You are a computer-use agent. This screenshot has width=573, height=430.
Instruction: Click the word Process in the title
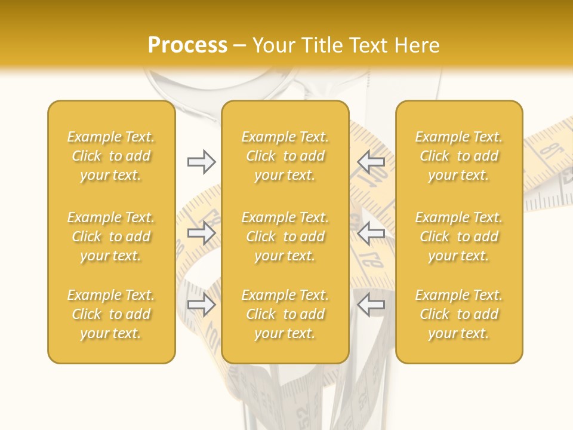(x=187, y=45)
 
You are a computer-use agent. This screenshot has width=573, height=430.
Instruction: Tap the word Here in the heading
(x=417, y=45)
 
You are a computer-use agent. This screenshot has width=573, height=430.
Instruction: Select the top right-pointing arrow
(x=201, y=162)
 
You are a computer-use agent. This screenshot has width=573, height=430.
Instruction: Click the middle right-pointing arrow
(x=201, y=233)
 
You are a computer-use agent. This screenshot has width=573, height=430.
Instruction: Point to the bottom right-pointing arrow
(x=201, y=305)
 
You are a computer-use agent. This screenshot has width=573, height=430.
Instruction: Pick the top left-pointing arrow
(x=371, y=162)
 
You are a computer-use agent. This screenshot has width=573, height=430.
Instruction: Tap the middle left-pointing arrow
(x=371, y=233)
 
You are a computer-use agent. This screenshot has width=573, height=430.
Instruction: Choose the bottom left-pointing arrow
(x=371, y=305)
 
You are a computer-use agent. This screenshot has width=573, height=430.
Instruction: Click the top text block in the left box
(x=111, y=156)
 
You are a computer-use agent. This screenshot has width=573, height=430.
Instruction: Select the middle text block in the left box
(x=111, y=236)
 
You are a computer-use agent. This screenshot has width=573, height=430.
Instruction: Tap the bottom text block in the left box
(x=111, y=314)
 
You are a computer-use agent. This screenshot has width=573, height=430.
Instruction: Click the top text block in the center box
(x=285, y=156)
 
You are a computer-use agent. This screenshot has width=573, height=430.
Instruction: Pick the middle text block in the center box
(x=285, y=236)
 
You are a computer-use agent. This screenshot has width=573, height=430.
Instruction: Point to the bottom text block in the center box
(x=285, y=314)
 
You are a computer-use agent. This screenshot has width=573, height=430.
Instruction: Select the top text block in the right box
(x=459, y=156)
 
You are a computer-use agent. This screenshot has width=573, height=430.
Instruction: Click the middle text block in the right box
(x=459, y=236)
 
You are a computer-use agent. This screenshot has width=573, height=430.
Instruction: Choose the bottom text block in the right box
(x=459, y=314)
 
